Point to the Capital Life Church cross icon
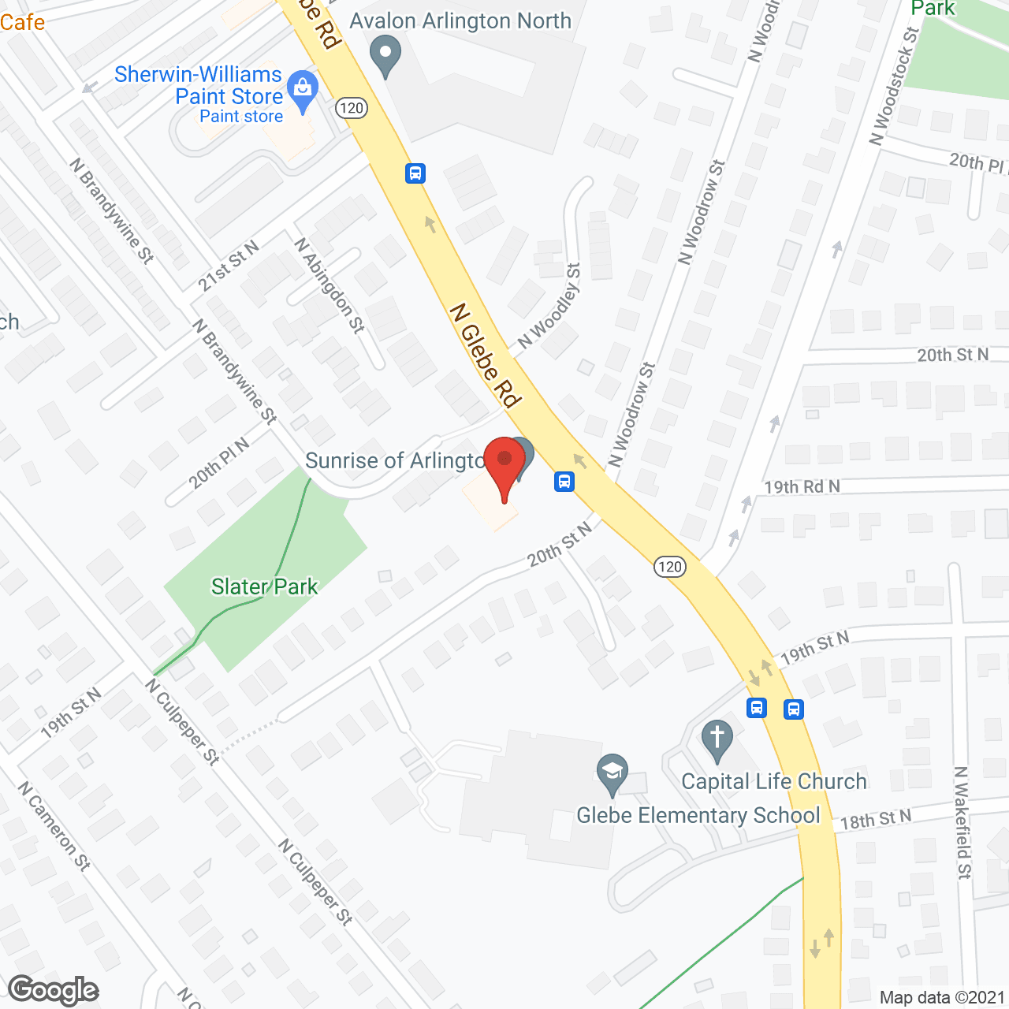point(717,741)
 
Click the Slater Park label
point(264,586)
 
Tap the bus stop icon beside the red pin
point(564,481)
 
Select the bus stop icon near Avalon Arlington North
point(415,173)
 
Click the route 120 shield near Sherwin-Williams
point(352,108)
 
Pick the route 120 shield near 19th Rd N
point(669,566)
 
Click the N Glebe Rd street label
point(486,356)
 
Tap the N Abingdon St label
point(330,285)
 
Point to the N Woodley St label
point(549,307)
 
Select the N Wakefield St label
point(962,822)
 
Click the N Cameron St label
point(54,825)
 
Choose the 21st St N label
point(228,266)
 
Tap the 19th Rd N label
point(802,486)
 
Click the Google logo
point(53,990)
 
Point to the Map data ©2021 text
point(942,997)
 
